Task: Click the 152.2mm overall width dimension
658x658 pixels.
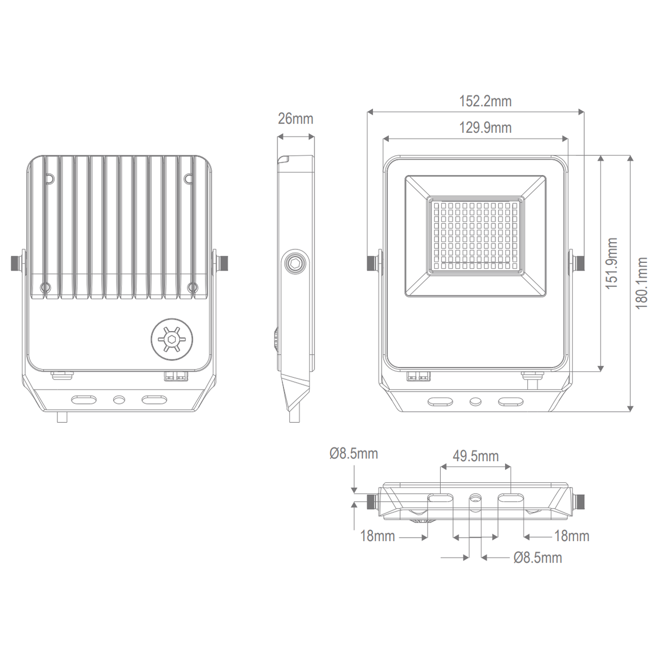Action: pos(485,101)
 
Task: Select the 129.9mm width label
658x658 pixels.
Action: pos(485,128)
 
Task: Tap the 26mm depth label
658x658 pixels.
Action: pos(295,119)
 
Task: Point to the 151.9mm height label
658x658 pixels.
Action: pos(612,263)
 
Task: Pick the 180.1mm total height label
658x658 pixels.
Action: pos(642,283)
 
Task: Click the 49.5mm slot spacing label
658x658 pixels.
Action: pos(475,456)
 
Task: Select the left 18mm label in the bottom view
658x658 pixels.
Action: pos(378,537)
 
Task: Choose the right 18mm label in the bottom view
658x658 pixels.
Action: pos(571,537)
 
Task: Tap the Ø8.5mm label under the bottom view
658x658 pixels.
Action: pos(538,557)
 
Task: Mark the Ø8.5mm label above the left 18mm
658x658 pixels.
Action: pos(353,453)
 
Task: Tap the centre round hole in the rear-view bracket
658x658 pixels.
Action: pos(118,400)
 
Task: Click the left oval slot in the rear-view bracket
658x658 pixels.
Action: pos(84,399)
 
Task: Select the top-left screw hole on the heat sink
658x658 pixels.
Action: pos(49,177)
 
